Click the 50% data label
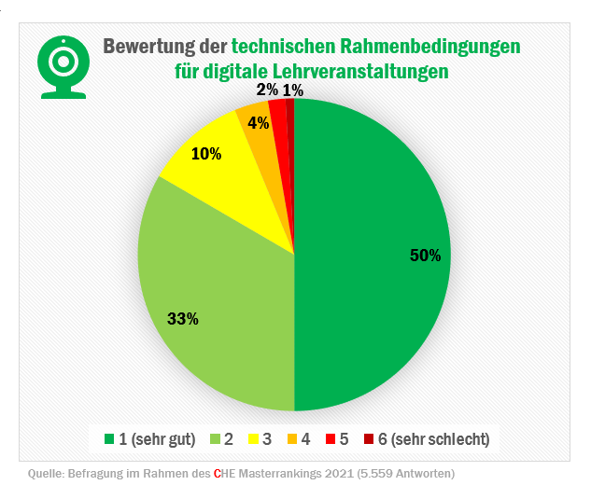(425, 256)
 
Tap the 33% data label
(182, 319)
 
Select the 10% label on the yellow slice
(206, 154)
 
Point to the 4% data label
(259, 122)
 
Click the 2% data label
(267, 90)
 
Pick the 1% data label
(292, 90)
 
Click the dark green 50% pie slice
(373, 280)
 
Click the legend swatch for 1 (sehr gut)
(109, 438)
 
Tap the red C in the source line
(217, 473)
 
